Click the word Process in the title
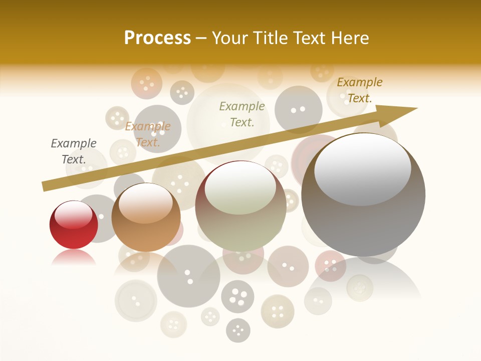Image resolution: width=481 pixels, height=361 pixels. coord(157,38)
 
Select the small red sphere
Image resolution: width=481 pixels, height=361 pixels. coord(74,226)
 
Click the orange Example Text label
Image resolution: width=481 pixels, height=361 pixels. coord(148,134)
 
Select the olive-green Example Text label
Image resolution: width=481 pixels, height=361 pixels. coord(242,114)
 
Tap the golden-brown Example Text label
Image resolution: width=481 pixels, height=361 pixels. coord(359,90)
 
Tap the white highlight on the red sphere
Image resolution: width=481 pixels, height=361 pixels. coord(73,215)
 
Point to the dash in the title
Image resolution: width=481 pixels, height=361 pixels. coord(201,38)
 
